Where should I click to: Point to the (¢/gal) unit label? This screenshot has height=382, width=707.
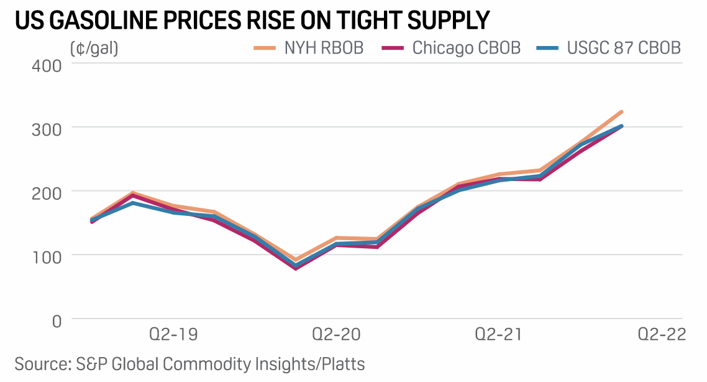pos(94,48)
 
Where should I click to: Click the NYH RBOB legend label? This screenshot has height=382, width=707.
pos(324,48)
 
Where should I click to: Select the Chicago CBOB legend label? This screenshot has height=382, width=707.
pos(467,48)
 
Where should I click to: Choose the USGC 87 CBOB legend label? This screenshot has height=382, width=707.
pos(624,48)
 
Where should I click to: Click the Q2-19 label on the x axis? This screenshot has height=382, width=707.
pos(175,335)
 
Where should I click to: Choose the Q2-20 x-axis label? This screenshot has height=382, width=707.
pos(336,335)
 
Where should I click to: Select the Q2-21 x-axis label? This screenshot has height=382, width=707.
pos(499,335)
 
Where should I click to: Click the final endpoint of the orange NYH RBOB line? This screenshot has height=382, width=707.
pos(621,112)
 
